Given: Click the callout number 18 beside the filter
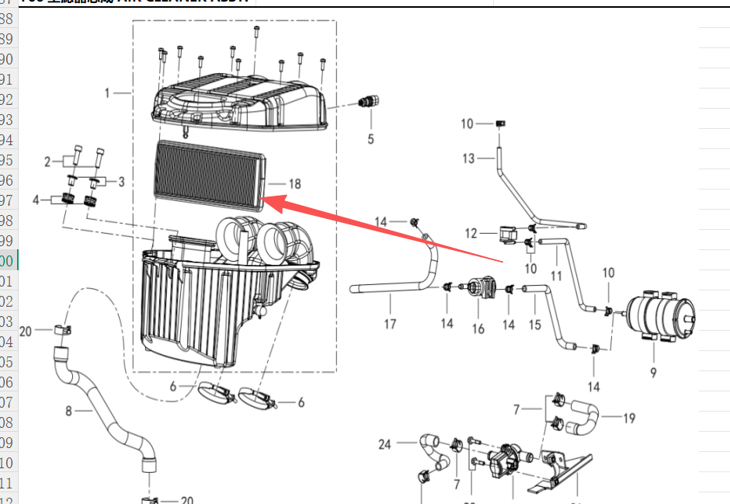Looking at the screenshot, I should click(294, 184).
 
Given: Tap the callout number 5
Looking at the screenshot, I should click(370, 139).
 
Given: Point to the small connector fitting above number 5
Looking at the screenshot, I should click(367, 102).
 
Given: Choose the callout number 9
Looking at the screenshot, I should click(653, 373).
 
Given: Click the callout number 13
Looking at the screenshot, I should click(468, 158).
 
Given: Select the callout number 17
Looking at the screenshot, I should click(391, 323).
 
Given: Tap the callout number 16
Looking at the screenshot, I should click(478, 329).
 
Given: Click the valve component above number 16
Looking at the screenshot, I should click(480, 289).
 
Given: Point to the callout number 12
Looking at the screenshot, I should click(471, 233).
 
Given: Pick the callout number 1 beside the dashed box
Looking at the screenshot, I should click(108, 93).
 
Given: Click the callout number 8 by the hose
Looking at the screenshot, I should click(68, 412).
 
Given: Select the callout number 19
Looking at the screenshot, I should click(629, 419).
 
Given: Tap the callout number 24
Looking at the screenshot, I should click(385, 445).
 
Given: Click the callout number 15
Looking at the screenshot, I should click(534, 325).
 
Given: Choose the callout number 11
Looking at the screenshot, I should click(556, 276).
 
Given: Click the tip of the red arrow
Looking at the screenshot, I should click(265, 200).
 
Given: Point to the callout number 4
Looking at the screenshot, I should click(36, 200).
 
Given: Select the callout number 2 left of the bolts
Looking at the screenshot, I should click(47, 162).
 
